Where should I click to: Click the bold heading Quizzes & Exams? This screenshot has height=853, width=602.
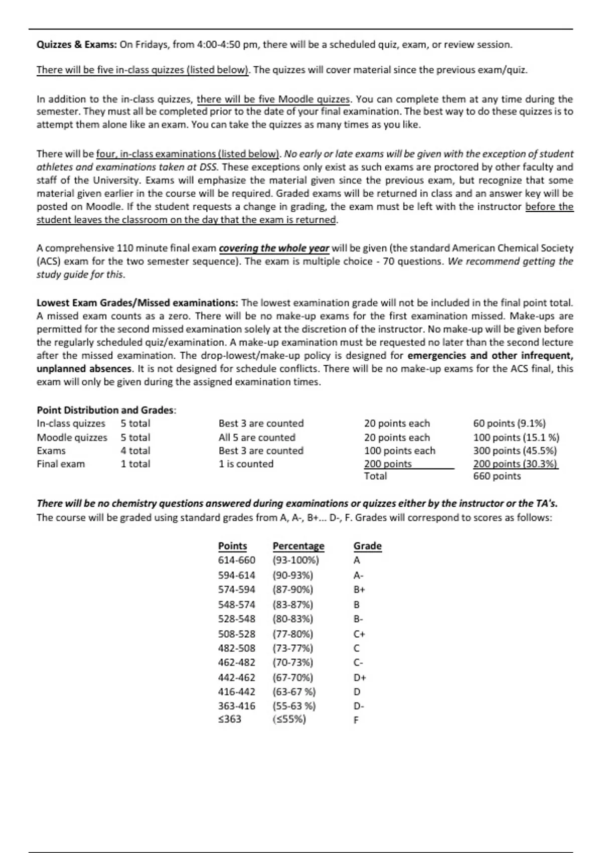coord(76,45)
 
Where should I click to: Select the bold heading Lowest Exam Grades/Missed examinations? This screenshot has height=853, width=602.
coord(137,303)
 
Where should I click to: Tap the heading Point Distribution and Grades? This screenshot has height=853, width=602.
coord(106,410)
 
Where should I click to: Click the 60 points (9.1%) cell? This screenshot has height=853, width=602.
coord(509,423)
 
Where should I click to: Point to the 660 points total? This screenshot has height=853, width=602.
coord(497,476)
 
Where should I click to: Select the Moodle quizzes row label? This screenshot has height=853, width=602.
coord(72,438)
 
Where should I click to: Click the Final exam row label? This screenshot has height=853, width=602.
coord(61,464)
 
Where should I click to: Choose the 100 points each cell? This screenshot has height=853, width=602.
coord(399,451)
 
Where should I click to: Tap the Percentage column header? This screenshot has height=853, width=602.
coord(298,546)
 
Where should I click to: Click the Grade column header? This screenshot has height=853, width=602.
coord(367,546)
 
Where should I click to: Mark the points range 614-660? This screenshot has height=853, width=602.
coord(236,560)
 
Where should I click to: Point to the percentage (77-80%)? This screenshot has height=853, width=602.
coord(292,634)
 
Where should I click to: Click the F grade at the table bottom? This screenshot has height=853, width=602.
coord(356,720)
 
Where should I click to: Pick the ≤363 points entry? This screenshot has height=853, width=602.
coord(229,719)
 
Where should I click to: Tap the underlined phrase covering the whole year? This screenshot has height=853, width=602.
coord(274,248)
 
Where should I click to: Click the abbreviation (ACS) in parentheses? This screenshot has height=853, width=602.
coord(49,261)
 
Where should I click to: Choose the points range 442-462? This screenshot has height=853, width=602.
coord(236,677)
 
